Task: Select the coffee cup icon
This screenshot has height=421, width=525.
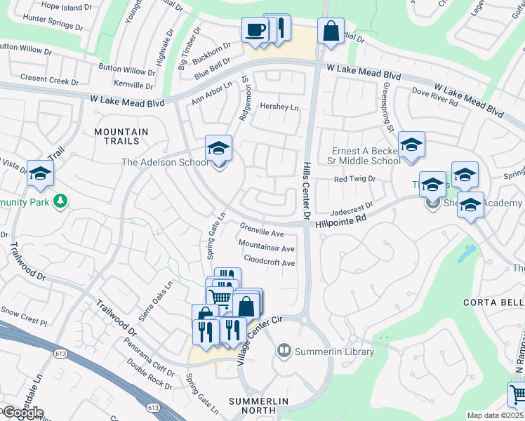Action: point(254,30)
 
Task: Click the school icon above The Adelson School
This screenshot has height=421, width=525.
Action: point(218,149)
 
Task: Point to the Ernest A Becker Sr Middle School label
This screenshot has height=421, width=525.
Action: point(366,156)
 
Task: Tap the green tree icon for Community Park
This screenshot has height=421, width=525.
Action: point(61,202)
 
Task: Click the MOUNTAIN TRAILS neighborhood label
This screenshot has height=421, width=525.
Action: point(121,137)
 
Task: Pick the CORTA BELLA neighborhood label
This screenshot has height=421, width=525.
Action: point(493,302)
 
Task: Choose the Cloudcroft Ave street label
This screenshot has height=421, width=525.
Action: point(269,262)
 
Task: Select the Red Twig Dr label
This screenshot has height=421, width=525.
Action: point(354,179)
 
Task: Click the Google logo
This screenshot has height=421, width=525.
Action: point(22,413)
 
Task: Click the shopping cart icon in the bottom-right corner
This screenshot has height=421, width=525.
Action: point(517,394)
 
